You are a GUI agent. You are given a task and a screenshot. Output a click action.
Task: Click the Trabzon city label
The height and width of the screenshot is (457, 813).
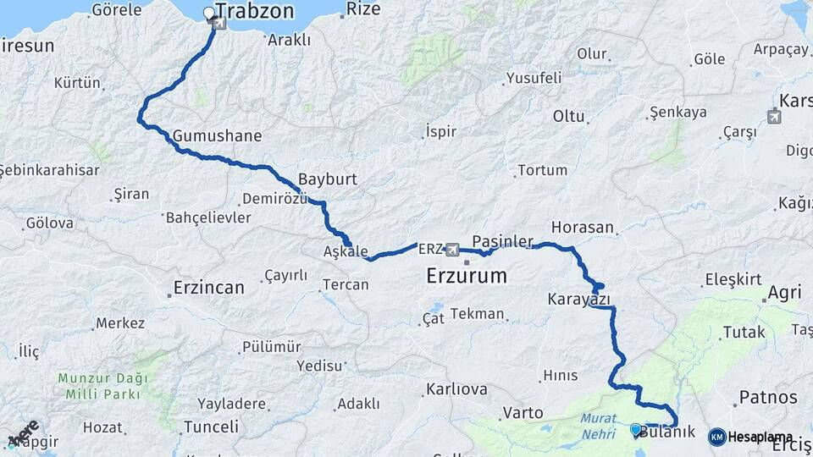click(x=255, y=11)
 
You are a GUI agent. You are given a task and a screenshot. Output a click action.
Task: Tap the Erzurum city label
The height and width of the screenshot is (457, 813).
click(x=467, y=276)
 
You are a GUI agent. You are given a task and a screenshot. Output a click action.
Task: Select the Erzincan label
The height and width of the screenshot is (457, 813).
click(x=208, y=287)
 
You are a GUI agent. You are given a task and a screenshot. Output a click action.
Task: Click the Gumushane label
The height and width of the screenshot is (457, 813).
click(x=217, y=136)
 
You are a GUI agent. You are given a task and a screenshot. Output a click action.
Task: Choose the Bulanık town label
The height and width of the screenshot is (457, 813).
click(x=667, y=432)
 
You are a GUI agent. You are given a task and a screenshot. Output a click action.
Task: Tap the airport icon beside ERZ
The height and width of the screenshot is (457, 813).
click(x=452, y=250)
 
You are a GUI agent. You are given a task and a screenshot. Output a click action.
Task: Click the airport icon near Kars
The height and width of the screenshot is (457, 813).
click(x=774, y=117)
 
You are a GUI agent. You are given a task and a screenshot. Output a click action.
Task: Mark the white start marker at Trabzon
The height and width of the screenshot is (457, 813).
click(x=210, y=13)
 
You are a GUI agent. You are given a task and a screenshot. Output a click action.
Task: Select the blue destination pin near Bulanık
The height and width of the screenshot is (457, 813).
click(x=636, y=430)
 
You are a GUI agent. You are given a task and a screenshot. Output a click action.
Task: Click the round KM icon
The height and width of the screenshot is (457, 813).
click(x=716, y=436)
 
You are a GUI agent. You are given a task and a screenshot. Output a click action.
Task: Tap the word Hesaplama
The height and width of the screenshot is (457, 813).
click(x=756, y=436)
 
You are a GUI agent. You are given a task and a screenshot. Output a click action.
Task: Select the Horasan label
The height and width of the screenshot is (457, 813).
click(x=582, y=228)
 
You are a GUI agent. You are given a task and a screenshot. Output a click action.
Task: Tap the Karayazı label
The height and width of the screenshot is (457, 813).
click(x=579, y=300)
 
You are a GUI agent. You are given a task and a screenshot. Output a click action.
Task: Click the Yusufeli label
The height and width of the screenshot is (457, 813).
click(x=534, y=79)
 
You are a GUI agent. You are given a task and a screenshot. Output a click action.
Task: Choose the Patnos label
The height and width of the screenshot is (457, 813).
click(x=768, y=397)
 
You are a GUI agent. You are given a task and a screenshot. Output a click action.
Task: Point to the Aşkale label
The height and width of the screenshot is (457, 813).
click(x=346, y=252)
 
